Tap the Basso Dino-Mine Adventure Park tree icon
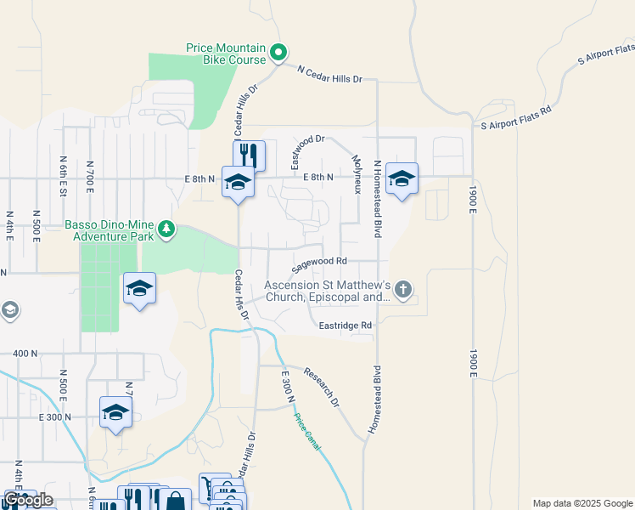pos(167,229)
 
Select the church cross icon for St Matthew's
pos(403,291)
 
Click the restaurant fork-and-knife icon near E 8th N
pos(249,155)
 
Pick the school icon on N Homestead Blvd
pos(402,178)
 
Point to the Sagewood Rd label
pos(320,264)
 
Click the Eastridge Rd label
pos(346,326)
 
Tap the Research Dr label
pos(322,386)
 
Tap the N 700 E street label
pos(89,171)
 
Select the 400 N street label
pos(25,353)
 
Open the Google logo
pos(28,500)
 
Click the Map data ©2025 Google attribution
pos(582,503)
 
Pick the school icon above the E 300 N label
pos(115,412)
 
